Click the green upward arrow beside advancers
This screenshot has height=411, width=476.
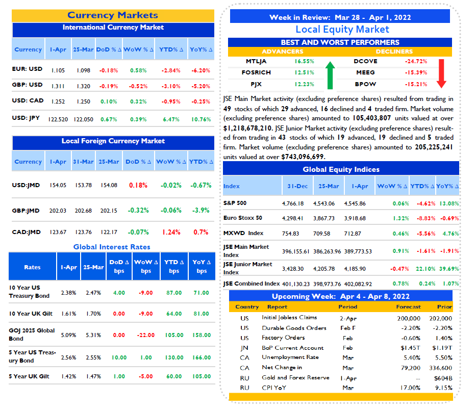(330, 75)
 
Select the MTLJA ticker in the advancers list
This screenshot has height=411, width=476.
(256, 61)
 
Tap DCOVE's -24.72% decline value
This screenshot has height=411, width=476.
(416, 61)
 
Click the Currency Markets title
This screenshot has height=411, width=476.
(113, 15)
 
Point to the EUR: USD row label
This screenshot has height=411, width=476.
(27, 69)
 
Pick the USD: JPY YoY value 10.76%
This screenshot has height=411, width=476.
(201, 119)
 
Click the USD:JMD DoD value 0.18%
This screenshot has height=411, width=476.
(138, 185)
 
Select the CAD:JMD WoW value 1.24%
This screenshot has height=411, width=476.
(171, 233)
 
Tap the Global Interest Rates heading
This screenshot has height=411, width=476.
(112, 247)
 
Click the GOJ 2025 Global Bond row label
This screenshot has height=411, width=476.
(32, 335)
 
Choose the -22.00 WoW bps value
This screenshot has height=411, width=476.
(146, 335)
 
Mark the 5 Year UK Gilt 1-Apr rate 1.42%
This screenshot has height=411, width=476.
(68, 376)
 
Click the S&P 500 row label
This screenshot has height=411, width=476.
(235, 203)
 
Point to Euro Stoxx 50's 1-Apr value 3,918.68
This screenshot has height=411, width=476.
(355, 218)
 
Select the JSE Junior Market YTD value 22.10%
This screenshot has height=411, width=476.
(425, 269)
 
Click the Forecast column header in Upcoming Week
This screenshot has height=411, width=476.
(408, 306)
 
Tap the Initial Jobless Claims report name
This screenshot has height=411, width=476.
(289, 318)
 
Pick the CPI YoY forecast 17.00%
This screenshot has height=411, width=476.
(410, 388)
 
